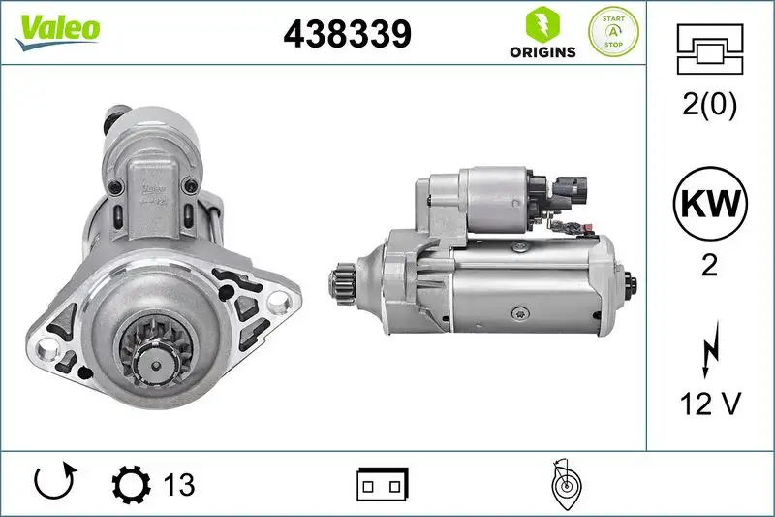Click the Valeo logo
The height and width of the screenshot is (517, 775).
click(x=56, y=29)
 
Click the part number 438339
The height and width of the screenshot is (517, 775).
click(x=348, y=35)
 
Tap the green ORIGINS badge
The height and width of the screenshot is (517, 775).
click(x=542, y=33)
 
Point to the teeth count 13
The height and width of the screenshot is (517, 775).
click(x=178, y=483)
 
